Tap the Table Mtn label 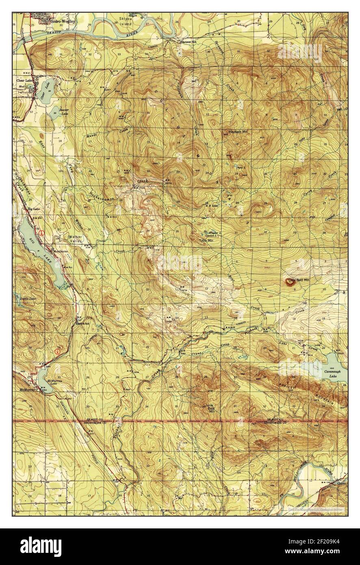point(206,241)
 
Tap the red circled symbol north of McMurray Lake point(59,350)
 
